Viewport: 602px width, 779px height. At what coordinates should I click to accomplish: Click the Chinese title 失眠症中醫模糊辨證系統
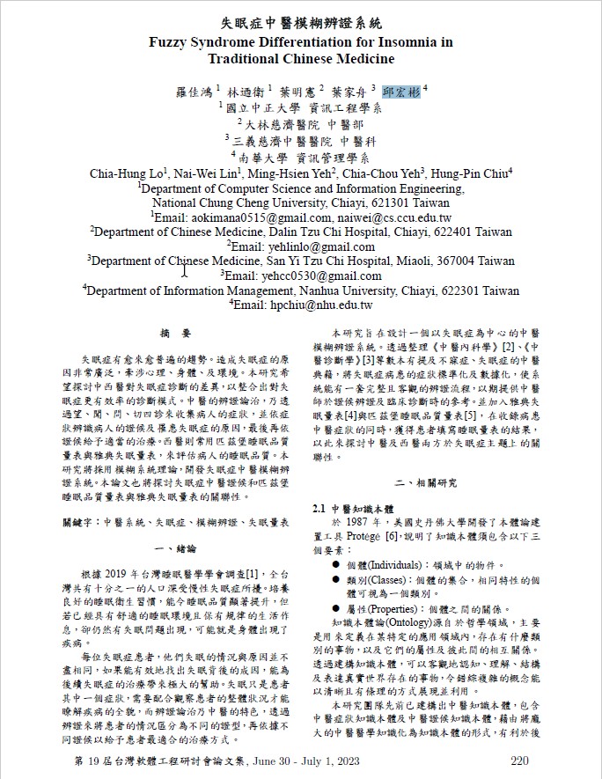[301, 23]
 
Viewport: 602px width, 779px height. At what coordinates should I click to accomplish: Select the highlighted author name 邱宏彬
[401, 91]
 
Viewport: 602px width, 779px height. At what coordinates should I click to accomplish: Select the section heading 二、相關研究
[426, 483]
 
